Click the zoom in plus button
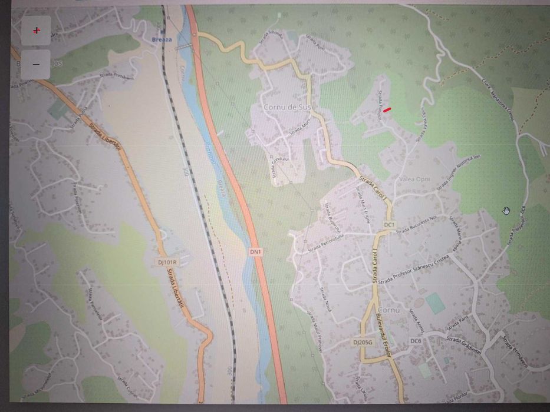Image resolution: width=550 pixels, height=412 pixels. click(x=37, y=31)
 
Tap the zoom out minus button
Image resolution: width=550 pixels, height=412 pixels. click(x=37, y=64)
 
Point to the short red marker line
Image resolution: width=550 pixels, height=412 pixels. click(x=387, y=108)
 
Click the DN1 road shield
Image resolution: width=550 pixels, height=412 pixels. click(x=254, y=251)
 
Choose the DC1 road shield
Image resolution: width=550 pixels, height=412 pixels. click(x=388, y=225)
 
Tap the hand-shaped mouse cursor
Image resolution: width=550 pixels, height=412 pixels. click(x=506, y=211)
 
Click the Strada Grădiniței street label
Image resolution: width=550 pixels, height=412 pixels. click(x=464, y=345)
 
